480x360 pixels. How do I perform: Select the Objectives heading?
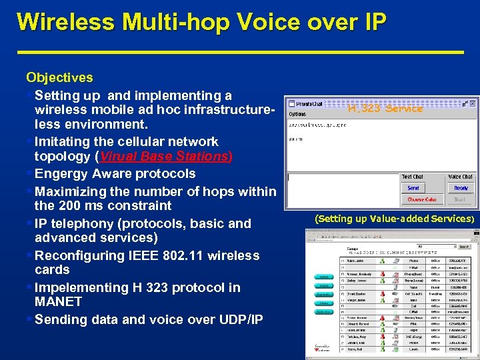59,78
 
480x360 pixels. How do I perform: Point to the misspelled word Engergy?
66,174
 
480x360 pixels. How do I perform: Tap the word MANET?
58,302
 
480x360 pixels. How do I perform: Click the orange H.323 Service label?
385,108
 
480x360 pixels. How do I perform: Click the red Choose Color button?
422,199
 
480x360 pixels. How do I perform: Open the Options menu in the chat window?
297,113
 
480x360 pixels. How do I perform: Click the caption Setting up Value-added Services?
394,219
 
